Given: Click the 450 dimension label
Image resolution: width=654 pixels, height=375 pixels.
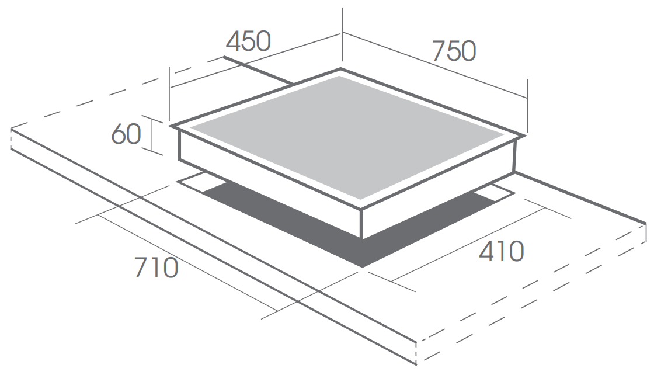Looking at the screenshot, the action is (x=248, y=41).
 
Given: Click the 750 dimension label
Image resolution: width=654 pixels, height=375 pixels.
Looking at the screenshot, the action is (x=453, y=51).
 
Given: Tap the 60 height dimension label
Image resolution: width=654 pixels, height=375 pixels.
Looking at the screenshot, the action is (x=126, y=134).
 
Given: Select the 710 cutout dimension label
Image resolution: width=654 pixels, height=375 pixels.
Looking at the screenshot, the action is (x=156, y=268).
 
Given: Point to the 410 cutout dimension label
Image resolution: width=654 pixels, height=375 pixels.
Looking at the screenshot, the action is (x=501, y=252).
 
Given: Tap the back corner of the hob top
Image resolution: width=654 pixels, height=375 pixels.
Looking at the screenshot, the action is (x=340, y=68).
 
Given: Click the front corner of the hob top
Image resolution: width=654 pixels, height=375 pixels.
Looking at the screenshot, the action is (x=361, y=208).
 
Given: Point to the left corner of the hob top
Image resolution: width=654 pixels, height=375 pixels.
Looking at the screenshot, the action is (x=171, y=126).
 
